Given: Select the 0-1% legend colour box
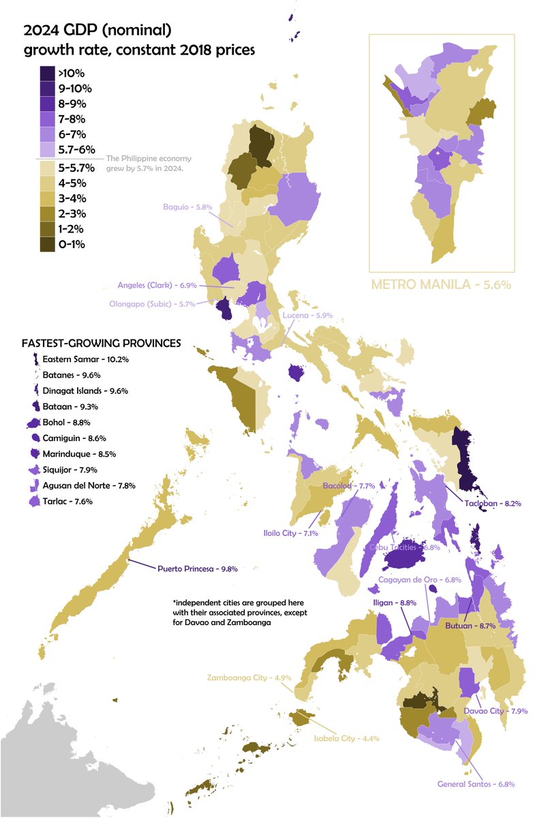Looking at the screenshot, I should (47, 245).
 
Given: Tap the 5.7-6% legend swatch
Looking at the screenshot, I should (47, 151).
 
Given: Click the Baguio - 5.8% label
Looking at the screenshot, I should (187, 207).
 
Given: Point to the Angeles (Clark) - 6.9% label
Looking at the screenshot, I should (155, 285).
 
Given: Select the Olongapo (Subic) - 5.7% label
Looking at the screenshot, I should (151, 304).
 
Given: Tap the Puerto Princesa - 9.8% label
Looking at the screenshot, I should (197, 568).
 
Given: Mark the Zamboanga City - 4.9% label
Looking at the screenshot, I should (239, 678).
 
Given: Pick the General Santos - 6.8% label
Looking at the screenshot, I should (476, 784).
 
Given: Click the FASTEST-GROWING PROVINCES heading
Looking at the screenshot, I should (101, 343).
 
